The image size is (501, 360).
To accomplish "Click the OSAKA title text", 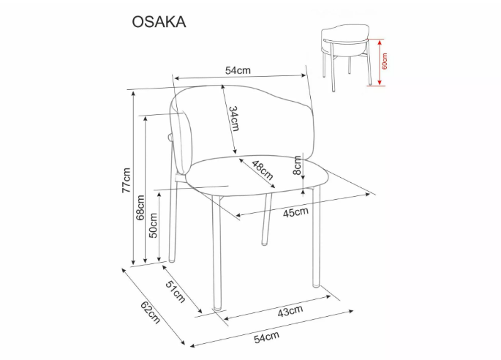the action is tap(159, 22).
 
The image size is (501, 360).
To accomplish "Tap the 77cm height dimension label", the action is tap(127, 180).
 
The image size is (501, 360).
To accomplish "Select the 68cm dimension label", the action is tap(140, 208).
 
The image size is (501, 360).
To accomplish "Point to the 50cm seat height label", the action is tap(154, 225).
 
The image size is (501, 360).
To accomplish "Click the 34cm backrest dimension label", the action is tap(233, 119).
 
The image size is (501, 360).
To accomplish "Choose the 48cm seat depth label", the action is tap(263, 170).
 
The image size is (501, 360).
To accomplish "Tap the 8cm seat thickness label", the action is tap(297, 165).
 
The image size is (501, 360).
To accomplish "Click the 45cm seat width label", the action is tap(295, 212).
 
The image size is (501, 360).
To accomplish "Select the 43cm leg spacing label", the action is tap(290, 311).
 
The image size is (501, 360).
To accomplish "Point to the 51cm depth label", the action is tap(175, 291).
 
